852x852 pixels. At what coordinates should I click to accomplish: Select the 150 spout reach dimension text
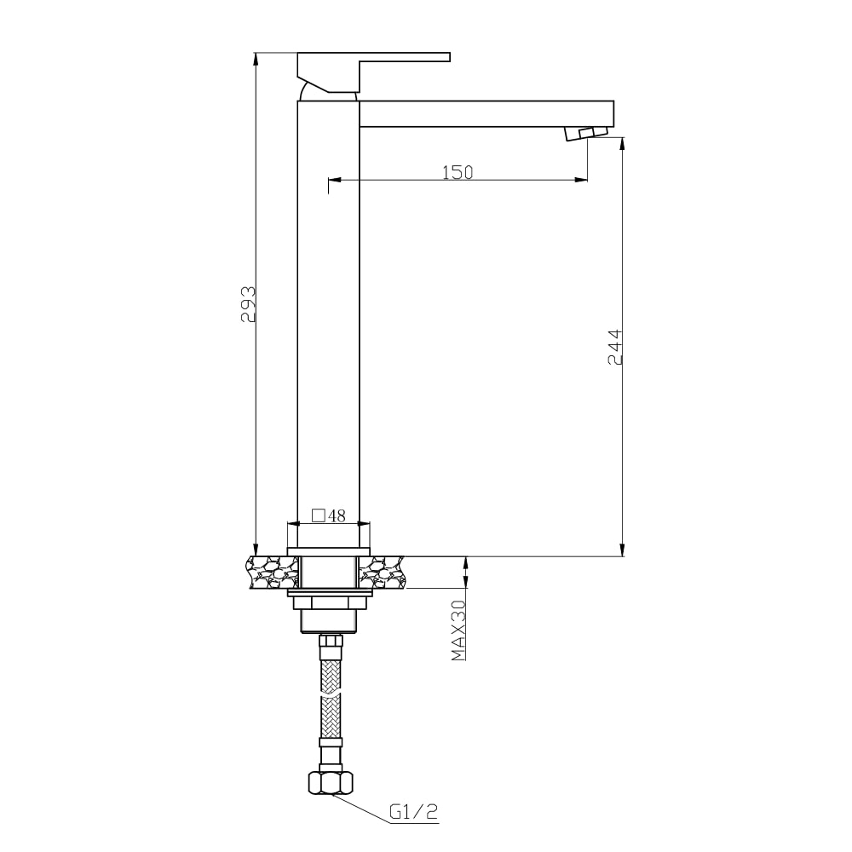[x=457, y=172]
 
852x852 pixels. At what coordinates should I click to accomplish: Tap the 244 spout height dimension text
[x=616, y=347]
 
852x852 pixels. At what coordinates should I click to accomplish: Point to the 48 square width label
[x=337, y=515]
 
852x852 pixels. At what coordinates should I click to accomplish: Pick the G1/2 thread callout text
[x=413, y=813]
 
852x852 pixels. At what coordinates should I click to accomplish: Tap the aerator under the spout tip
[x=586, y=132]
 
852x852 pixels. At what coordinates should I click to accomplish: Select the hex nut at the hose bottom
[x=330, y=781]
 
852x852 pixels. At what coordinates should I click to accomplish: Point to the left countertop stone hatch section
[x=271, y=572]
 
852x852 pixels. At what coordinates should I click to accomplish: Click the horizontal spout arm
[x=486, y=113]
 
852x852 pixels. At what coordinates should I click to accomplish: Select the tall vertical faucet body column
[x=328, y=324]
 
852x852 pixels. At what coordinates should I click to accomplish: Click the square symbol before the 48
[x=318, y=515]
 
